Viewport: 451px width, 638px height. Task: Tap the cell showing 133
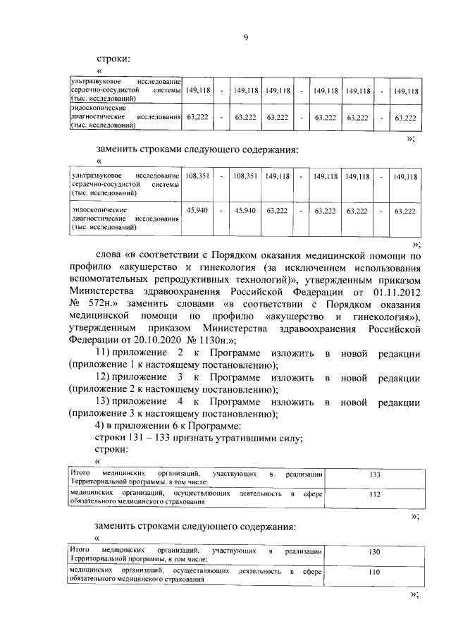(374, 475)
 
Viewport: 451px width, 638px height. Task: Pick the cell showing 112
(374, 495)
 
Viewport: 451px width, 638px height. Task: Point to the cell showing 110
(374, 572)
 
